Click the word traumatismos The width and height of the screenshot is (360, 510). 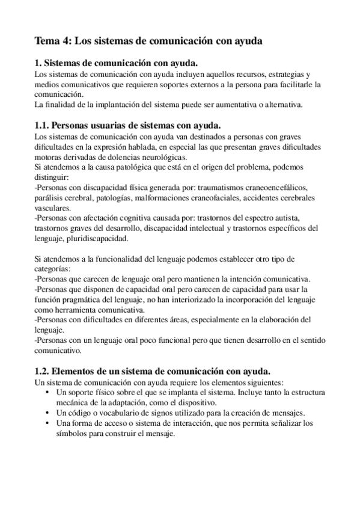click(x=225, y=187)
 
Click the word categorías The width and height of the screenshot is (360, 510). click(x=53, y=269)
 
